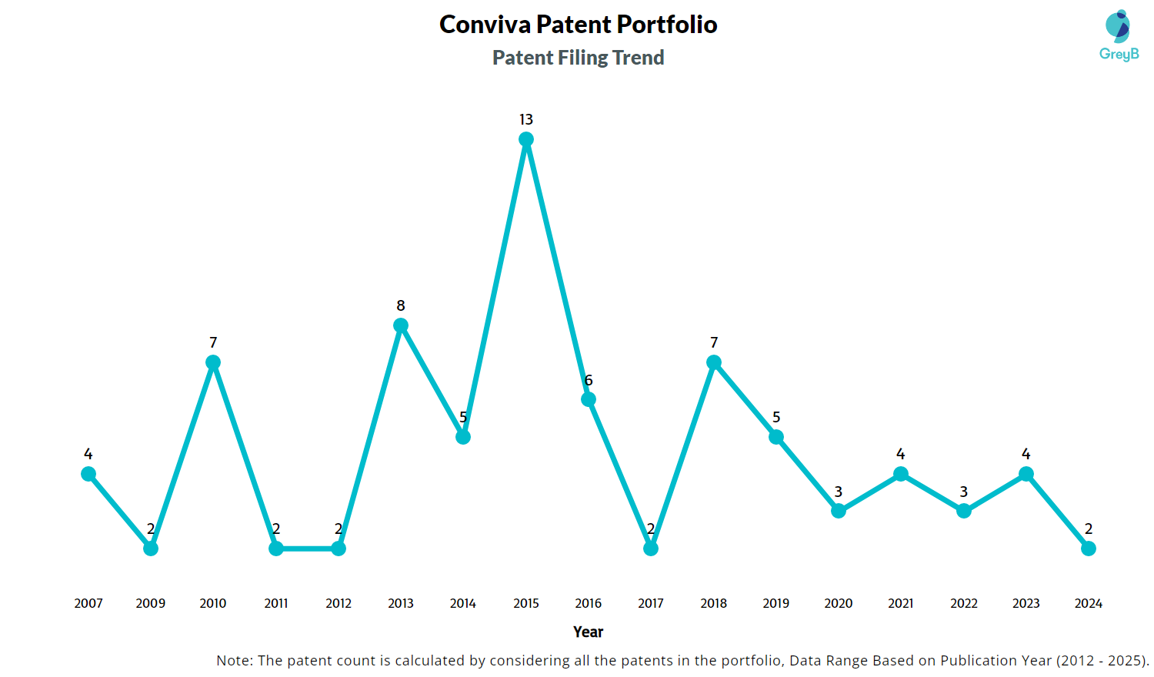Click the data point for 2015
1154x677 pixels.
pyautogui.click(x=526, y=139)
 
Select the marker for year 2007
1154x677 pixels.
pyautogui.click(x=88, y=474)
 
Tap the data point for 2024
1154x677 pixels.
pyautogui.click(x=1089, y=549)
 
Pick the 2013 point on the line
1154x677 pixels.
pyautogui.click(x=401, y=325)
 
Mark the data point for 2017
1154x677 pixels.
pyautogui.click(x=651, y=549)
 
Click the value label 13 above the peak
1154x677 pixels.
pyautogui.click(x=526, y=119)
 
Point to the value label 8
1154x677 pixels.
pyautogui.click(x=401, y=305)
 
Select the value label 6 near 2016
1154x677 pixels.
pyautogui.click(x=589, y=380)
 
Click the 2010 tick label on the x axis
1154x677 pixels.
pyautogui.click(x=213, y=603)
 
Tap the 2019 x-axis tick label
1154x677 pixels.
pyautogui.click(x=776, y=603)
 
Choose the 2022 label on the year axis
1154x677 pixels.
pyautogui.click(x=964, y=603)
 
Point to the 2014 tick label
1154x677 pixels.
pyautogui.click(x=463, y=603)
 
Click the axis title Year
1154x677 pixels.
pyautogui.click(x=589, y=632)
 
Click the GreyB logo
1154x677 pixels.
pyautogui.click(x=1119, y=35)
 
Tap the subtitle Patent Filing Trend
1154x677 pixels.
pyautogui.click(x=579, y=58)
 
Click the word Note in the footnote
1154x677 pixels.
pyautogui.click(x=233, y=660)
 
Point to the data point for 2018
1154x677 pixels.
pyautogui.click(x=714, y=362)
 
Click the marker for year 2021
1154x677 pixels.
pyautogui.click(x=901, y=474)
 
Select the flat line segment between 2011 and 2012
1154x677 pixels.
pyautogui.click(x=308, y=549)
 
